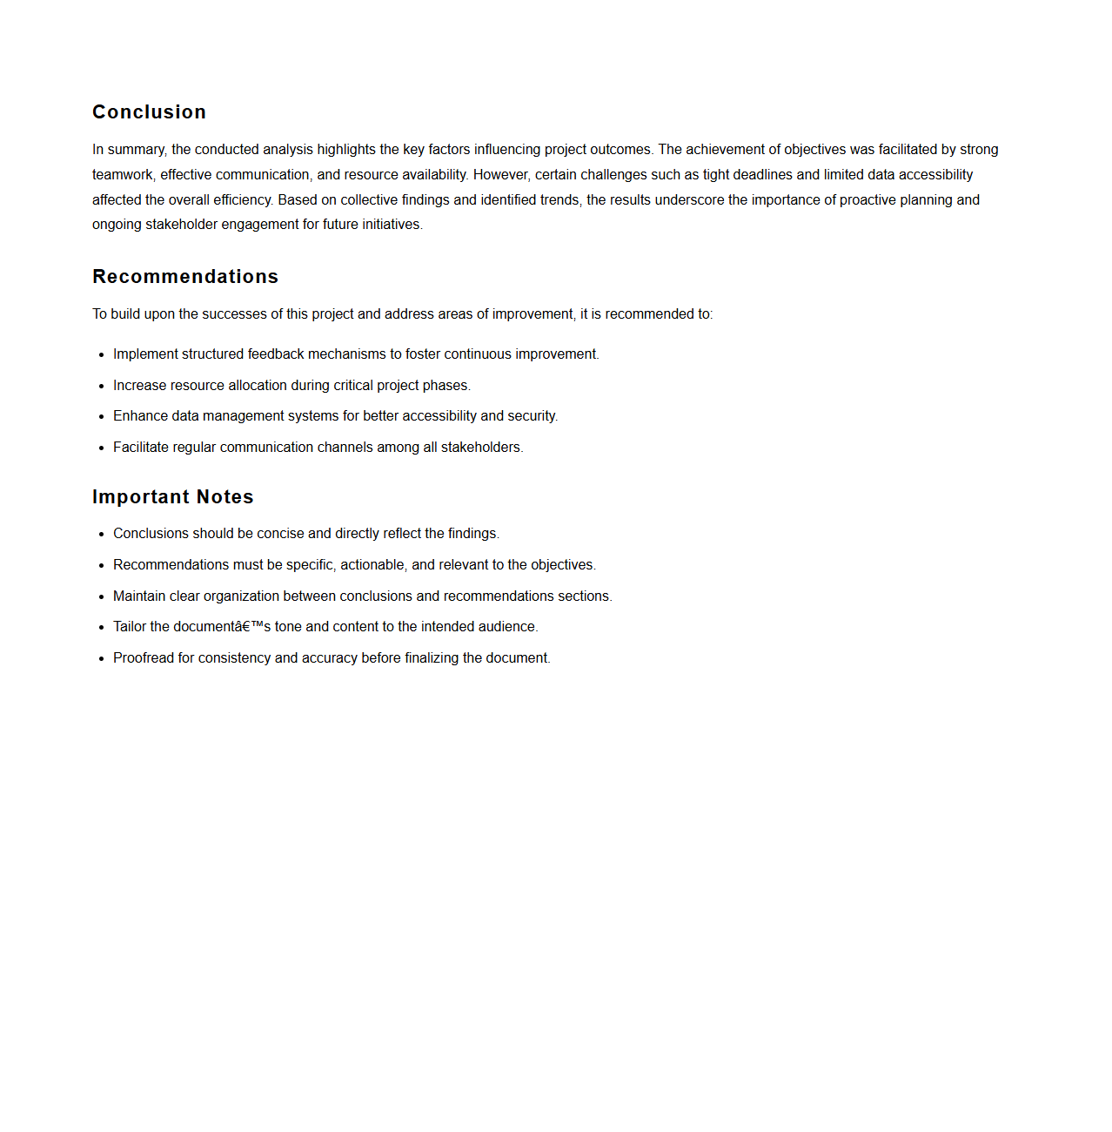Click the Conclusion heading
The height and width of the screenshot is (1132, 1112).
149,112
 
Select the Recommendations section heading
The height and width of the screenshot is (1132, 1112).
185,277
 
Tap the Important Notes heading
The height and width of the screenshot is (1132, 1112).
173,497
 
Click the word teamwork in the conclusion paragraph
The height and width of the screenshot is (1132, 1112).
122,175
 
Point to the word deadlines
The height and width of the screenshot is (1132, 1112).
762,175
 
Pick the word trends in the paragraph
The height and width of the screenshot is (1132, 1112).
556,200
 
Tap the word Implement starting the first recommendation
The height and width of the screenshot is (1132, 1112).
145,354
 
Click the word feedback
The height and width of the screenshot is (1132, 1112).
276,354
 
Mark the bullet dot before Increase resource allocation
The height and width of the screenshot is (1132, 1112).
102,387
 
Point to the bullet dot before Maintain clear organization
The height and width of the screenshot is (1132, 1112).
102,597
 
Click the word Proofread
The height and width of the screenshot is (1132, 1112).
144,658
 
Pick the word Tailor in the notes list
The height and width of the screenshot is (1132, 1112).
130,627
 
